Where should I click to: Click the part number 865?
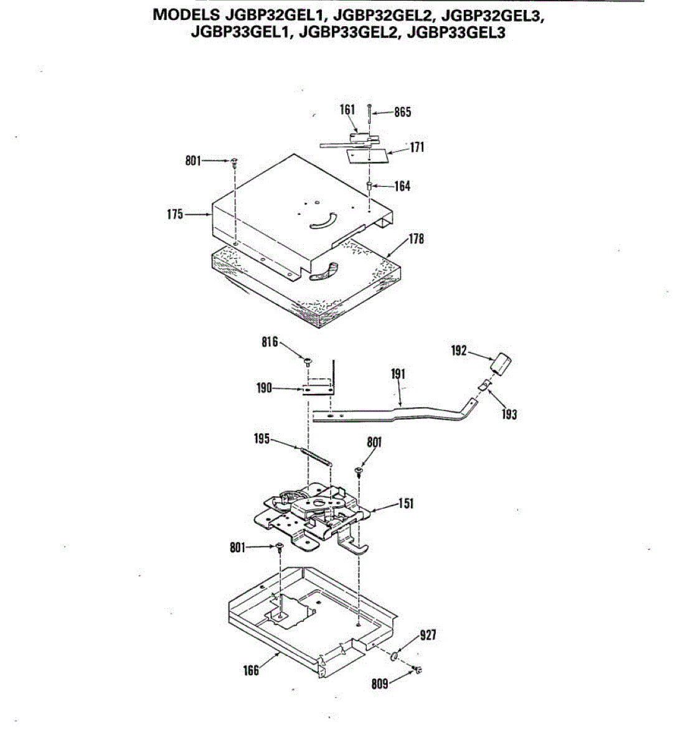click(x=402, y=113)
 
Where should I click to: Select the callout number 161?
click(x=347, y=110)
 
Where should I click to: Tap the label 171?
click(x=417, y=147)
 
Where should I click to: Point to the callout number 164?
click(x=402, y=186)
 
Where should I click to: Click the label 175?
click(x=176, y=214)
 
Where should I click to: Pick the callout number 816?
click(x=270, y=342)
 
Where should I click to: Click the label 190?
click(x=265, y=388)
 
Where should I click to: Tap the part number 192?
click(x=459, y=351)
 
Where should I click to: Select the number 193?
click(x=509, y=415)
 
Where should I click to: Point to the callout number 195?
click(x=262, y=439)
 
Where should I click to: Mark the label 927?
click(x=428, y=635)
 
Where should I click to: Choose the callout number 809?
click(x=379, y=684)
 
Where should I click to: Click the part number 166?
click(x=251, y=670)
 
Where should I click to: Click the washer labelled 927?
click(x=395, y=657)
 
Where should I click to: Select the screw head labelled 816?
click(x=308, y=360)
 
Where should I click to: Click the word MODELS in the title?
click(x=186, y=14)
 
